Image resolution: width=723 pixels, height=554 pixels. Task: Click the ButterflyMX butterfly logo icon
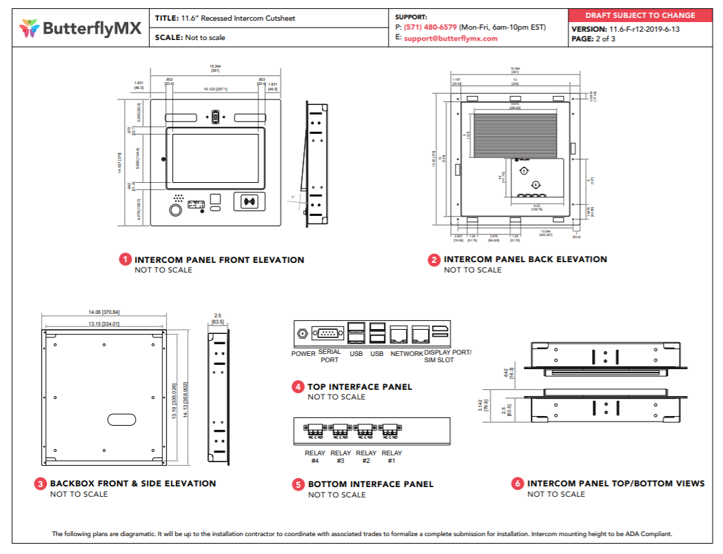coord(30,28)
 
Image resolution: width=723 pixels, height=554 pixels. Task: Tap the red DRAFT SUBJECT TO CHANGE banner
coord(640,15)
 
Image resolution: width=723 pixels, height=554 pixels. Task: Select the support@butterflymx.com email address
coord(451,39)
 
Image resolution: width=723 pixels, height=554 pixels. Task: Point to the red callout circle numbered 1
coord(125,260)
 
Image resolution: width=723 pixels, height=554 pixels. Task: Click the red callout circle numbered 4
coord(298,387)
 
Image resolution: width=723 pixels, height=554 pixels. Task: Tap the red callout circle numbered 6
coord(518,484)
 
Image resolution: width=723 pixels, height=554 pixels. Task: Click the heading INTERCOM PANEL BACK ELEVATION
coord(525,259)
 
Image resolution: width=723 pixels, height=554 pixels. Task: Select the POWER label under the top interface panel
coord(303,354)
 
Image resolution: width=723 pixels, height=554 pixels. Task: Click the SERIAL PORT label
coord(329,356)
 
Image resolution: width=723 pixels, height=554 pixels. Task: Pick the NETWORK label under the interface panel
coord(407,354)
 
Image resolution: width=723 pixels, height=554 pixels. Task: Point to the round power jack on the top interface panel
coord(302,334)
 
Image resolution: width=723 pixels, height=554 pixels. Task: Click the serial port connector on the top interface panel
coord(327,334)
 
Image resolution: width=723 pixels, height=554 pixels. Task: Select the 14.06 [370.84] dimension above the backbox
coord(105,313)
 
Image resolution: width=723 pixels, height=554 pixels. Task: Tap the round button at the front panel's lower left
coord(176,209)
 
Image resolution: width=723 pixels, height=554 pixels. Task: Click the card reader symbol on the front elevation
coord(249,202)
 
